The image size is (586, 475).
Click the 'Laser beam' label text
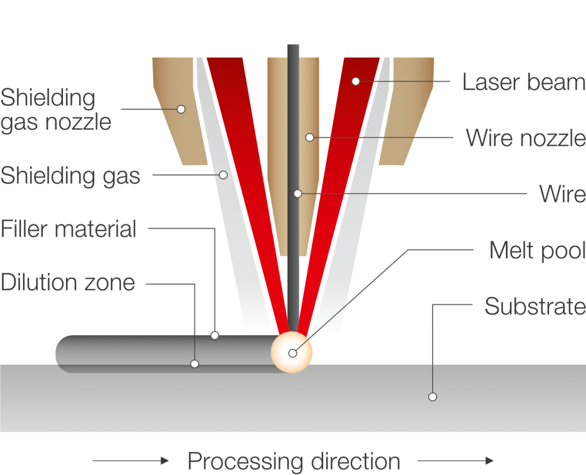click(523, 82)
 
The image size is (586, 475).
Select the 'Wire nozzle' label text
click(525, 138)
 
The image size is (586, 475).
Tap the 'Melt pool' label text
click(537, 250)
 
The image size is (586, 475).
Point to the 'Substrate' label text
click(534, 306)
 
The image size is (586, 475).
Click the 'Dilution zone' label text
click(68, 282)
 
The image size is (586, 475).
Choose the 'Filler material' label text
click(68, 229)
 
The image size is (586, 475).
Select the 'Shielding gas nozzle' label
click(56, 110)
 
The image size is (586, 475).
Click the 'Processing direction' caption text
click(294, 461)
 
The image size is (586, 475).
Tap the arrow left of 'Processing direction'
click(131, 461)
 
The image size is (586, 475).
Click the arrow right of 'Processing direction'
click(456, 461)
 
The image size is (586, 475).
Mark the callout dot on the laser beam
click(355, 81)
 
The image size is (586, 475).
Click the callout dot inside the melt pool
click(292, 353)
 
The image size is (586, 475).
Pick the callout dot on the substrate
click(433, 397)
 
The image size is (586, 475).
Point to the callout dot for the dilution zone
click(195, 364)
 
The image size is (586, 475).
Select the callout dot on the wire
click(298, 194)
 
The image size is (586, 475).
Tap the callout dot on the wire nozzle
click(310, 137)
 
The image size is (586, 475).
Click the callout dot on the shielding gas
click(223, 174)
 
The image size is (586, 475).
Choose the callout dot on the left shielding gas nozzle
click(181, 109)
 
